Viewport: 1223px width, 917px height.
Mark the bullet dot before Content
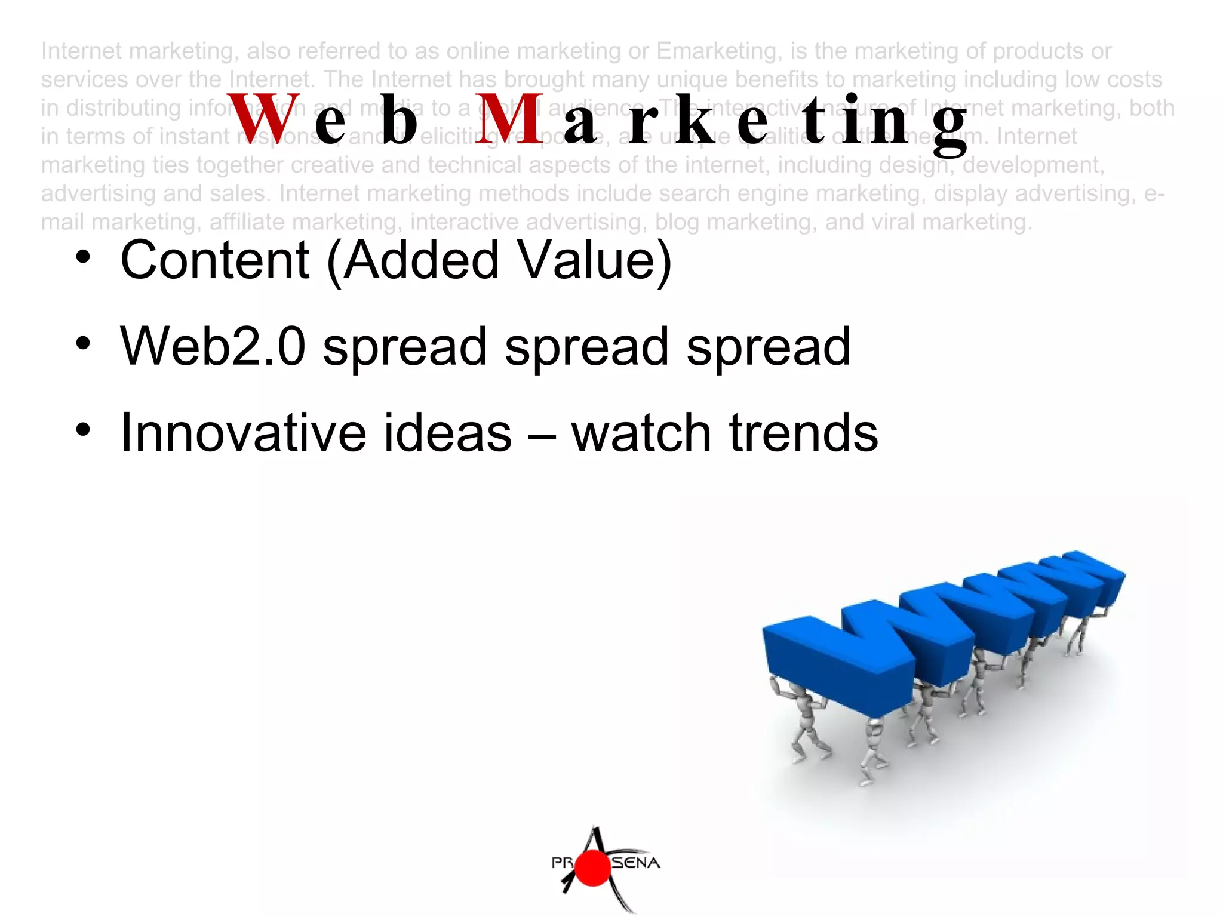pyautogui.click(x=83, y=257)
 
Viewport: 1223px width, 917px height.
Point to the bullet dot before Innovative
pyautogui.click(x=83, y=429)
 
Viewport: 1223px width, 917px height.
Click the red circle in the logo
pyautogui.click(x=593, y=868)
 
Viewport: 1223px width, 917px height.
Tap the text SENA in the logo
pyautogui.click(x=635, y=863)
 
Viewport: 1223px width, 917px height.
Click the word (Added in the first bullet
pyautogui.click(x=413, y=260)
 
